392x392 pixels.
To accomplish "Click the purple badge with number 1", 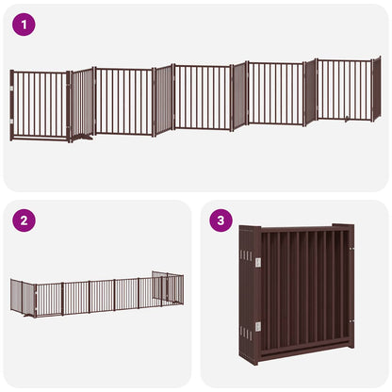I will point(24,24).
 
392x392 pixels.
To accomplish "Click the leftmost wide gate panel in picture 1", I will point(40,105).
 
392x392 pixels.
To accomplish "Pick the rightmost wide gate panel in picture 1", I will point(344,90).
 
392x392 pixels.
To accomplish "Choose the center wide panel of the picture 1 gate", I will point(202,98).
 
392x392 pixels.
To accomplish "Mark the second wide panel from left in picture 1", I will point(123,101).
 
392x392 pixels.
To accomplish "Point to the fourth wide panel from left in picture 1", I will point(275,94).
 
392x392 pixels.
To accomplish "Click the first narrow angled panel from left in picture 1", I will point(83,103).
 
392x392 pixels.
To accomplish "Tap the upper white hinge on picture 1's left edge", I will point(11,90).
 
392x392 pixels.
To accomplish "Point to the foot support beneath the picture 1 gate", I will point(83,138).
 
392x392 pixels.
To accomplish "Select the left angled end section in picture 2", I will point(23,298).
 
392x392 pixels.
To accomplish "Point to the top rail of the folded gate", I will point(302,228).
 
